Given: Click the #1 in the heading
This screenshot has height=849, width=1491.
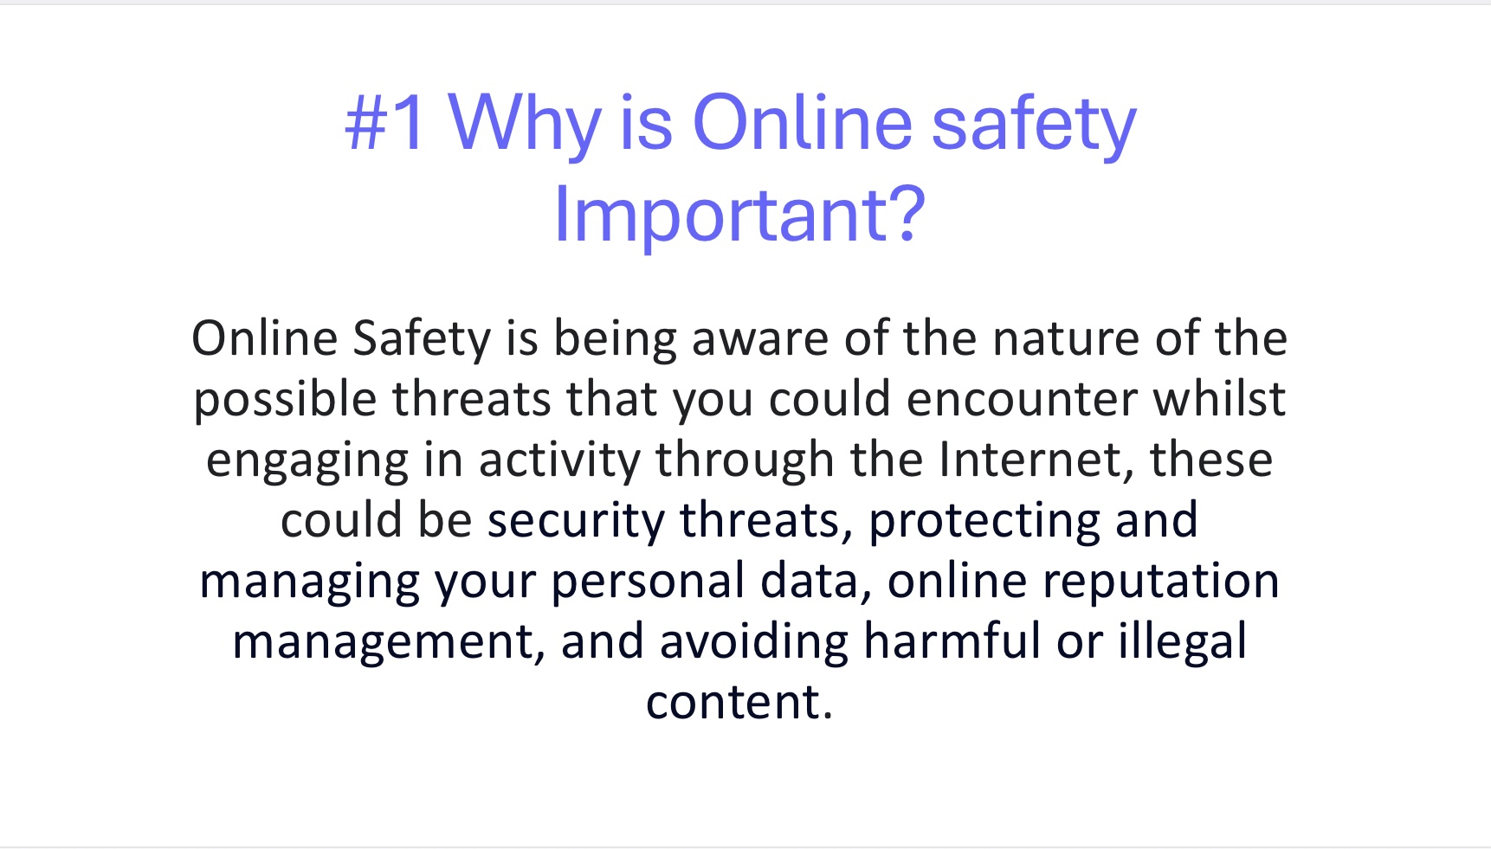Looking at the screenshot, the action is (385, 123).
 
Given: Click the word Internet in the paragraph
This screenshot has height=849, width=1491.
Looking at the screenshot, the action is (1036, 460).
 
